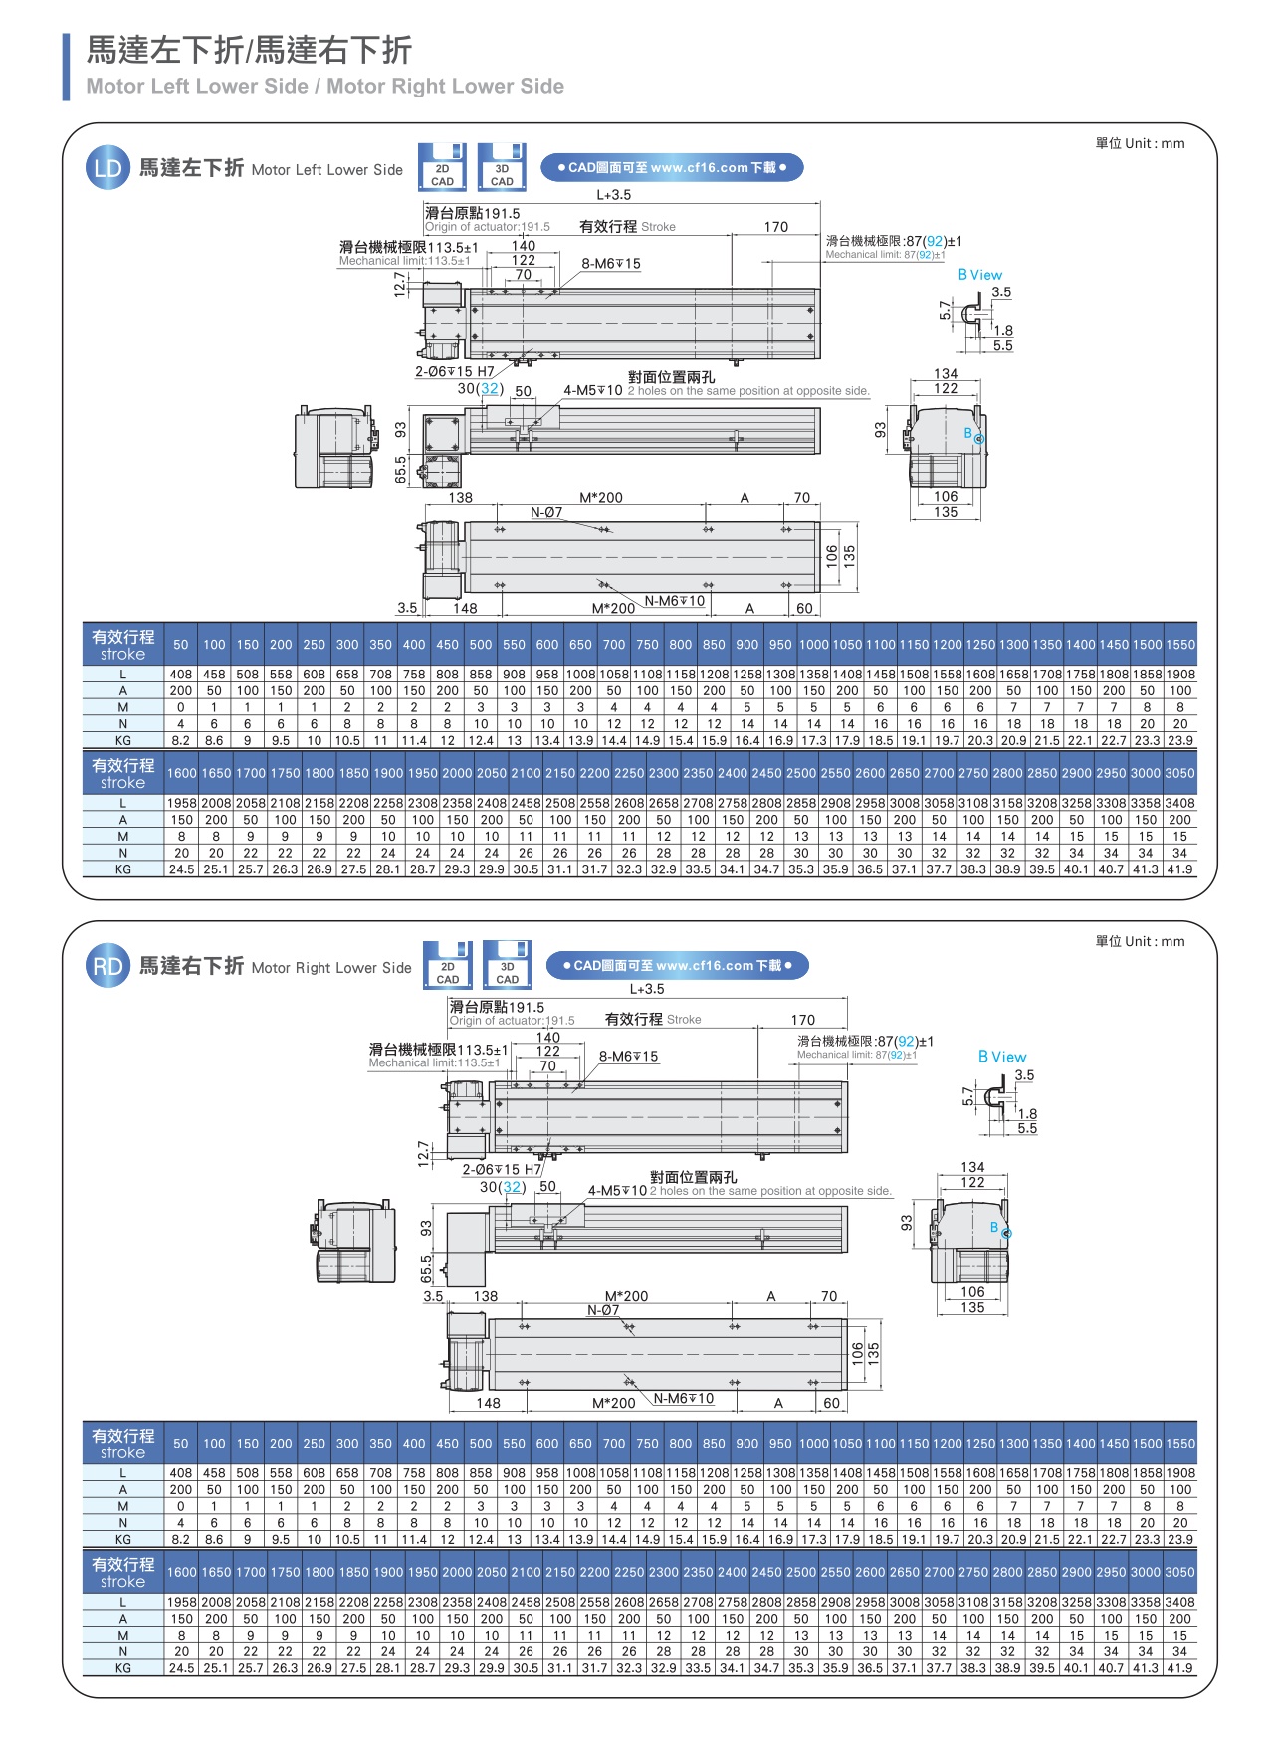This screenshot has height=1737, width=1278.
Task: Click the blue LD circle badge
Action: (x=107, y=168)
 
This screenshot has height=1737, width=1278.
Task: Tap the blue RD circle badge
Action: (x=107, y=966)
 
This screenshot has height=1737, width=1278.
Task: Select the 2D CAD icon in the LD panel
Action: (x=442, y=167)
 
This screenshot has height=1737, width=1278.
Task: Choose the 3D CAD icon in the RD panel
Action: (x=507, y=965)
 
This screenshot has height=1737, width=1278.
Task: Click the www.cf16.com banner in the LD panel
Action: (x=672, y=167)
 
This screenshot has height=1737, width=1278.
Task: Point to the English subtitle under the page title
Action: (x=325, y=87)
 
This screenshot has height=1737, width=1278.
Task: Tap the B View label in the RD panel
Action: (x=1002, y=1057)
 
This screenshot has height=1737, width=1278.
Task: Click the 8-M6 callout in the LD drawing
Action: (x=611, y=264)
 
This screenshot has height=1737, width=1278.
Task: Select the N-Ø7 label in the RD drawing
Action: (x=602, y=1310)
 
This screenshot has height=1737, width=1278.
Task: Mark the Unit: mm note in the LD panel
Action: (x=1140, y=143)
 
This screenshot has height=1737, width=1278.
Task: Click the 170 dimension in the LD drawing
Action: (x=776, y=227)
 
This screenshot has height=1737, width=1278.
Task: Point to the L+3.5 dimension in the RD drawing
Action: (x=647, y=989)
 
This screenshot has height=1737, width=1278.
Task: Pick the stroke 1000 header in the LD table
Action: (x=813, y=645)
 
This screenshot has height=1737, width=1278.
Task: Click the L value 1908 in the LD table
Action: (x=1180, y=675)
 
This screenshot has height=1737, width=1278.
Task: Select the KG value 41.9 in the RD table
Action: (x=1179, y=1668)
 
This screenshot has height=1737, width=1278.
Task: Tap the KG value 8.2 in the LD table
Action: (x=181, y=740)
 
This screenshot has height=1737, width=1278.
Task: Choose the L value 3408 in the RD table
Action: (x=1179, y=1603)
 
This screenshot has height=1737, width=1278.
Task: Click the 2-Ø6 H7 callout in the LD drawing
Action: (x=455, y=371)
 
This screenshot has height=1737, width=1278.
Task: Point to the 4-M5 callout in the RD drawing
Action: (x=617, y=1190)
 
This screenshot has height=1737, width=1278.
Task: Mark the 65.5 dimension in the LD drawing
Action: (x=400, y=470)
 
